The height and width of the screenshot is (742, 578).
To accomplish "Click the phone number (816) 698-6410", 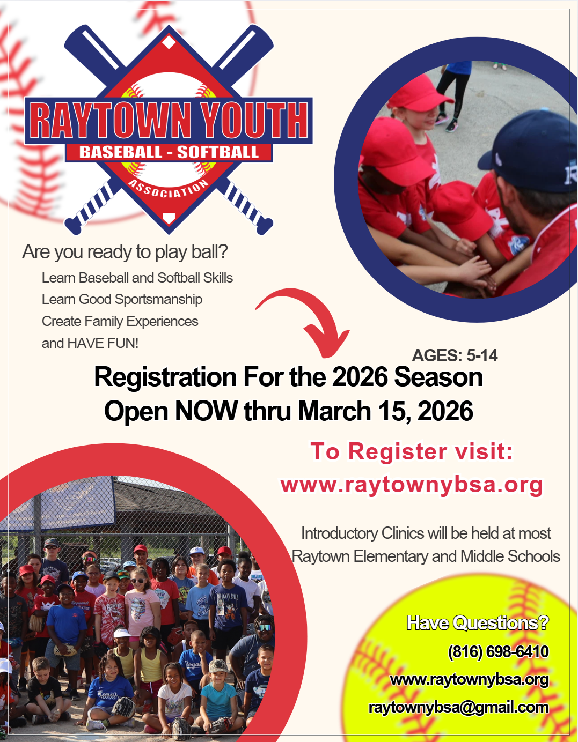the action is coord(498,651).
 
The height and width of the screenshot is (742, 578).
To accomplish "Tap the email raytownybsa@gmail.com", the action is coord(458,707).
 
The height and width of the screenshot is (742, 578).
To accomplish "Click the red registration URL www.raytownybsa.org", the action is coord(412,485).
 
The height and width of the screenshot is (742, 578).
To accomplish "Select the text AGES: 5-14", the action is coord(455,355).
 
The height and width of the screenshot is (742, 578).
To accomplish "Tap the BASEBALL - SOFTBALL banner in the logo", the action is coord(169,152).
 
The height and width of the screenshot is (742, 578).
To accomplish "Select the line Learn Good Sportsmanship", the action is coord(122,300).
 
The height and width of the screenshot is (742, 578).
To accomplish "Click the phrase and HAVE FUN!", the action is coord(90,343).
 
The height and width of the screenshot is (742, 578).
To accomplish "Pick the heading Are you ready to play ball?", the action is coord(125,252).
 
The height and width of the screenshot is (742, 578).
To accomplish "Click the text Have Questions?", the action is coord(478,623).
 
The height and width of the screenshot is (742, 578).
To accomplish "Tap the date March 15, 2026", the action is coord(385,411).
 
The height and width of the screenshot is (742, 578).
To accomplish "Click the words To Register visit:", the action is coord(412,451).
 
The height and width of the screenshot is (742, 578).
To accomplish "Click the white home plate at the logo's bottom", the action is coord(169,218).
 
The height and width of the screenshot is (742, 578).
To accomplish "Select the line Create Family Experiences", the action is coord(120,321).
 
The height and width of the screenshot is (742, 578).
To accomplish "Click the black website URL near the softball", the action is coord(469,679).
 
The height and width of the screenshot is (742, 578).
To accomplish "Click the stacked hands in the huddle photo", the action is coord(475,270).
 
